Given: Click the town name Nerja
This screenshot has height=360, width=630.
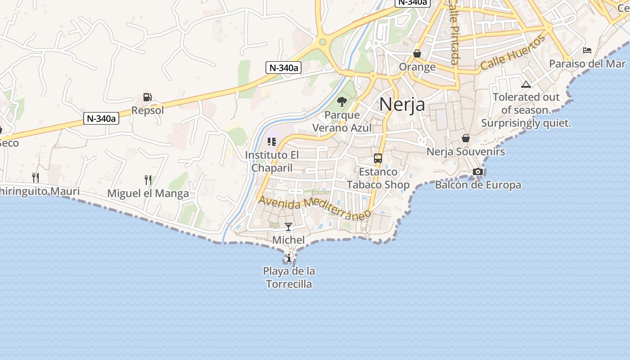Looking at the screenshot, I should [x=402, y=104].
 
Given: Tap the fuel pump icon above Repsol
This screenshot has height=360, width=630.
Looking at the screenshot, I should [x=147, y=97].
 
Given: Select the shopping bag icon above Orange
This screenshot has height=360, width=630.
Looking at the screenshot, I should [x=417, y=54].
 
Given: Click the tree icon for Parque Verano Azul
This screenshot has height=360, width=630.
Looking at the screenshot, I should [x=342, y=101].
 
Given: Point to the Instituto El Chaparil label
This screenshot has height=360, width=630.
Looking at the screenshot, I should [x=272, y=161].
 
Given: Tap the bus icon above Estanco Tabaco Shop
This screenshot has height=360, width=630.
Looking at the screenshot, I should [x=378, y=158].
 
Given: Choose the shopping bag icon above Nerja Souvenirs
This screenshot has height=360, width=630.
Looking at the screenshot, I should [x=466, y=138].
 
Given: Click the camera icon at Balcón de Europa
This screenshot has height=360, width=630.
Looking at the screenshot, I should [x=478, y=171].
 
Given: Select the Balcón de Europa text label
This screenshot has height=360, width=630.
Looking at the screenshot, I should [x=478, y=184].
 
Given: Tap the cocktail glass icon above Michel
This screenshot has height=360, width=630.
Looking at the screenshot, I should [x=288, y=226].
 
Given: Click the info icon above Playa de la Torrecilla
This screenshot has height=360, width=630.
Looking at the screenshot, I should [x=288, y=258].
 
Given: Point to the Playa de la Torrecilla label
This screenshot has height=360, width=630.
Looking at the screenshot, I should [x=289, y=277].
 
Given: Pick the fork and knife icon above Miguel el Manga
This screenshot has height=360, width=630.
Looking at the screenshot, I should [x=148, y=180].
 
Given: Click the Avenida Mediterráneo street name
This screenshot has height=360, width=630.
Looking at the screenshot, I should [x=315, y=206].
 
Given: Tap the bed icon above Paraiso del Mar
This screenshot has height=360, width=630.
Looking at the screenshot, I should [x=587, y=50].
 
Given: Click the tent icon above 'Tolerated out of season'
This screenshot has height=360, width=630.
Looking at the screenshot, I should [x=526, y=84].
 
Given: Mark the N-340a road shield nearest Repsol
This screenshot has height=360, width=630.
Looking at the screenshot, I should [x=101, y=119].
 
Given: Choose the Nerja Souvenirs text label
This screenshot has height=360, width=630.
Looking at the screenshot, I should [x=466, y=152].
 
